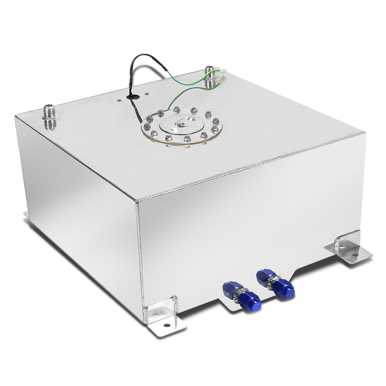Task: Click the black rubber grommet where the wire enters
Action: [x=132, y=96]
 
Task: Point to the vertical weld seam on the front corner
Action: [x=142, y=257]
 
